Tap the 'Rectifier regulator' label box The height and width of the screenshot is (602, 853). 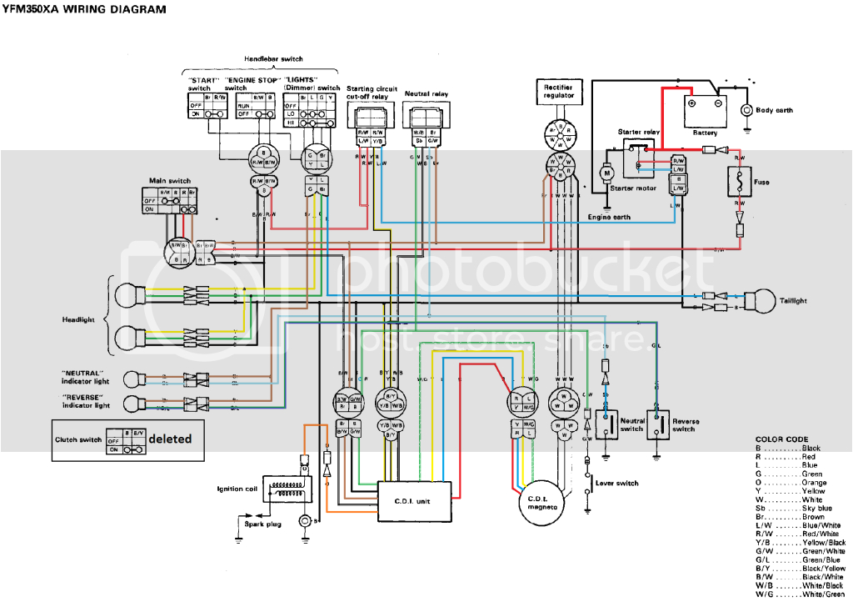coord(559,91)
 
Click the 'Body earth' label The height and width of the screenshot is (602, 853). coord(774,110)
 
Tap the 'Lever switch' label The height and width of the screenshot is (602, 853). coord(616,483)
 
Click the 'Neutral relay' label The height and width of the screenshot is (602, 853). coord(426,94)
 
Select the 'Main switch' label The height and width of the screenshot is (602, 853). coord(169,180)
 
